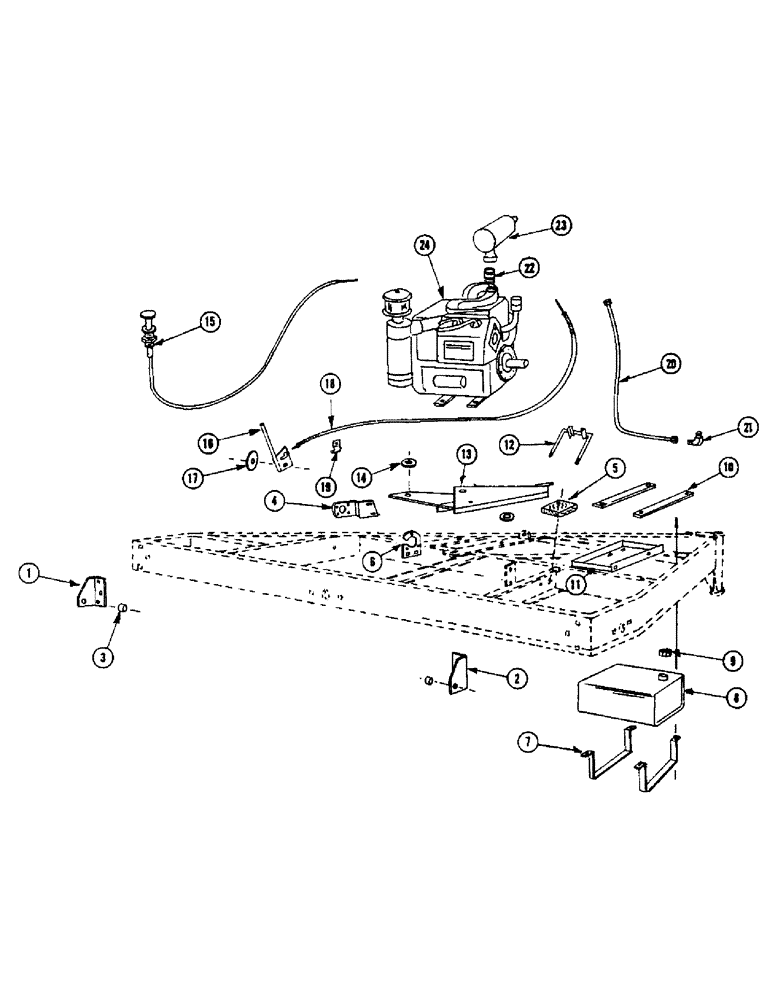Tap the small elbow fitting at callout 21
695,437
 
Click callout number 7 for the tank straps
528,741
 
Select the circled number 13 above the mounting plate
467,454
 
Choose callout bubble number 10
727,466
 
